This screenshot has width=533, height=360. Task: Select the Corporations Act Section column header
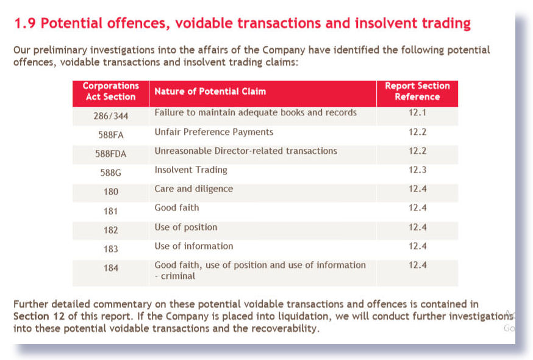coord(110,92)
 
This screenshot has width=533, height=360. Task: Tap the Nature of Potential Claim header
coord(210,92)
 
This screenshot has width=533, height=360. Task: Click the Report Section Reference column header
coord(417,92)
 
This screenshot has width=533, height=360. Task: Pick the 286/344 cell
coord(110,115)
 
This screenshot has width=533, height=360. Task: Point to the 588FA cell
coord(110,134)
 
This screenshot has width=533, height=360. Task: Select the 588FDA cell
coord(110,154)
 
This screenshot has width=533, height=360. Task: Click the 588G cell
coord(110,173)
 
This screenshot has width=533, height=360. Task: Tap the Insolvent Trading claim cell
coord(190,170)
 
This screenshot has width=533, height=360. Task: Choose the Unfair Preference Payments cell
coord(213,132)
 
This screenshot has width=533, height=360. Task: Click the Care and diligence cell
coord(193,189)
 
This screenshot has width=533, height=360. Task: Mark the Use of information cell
coord(193,246)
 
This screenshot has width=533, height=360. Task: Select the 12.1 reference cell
coord(417,113)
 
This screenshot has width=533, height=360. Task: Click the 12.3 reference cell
coord(417,170)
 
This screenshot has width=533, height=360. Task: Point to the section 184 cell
coord(110,268)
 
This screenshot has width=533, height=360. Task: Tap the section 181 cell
coord(110,211)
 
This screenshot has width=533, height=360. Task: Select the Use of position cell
coord(185,227)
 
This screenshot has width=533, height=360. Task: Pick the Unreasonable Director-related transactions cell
coord(245,151)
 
